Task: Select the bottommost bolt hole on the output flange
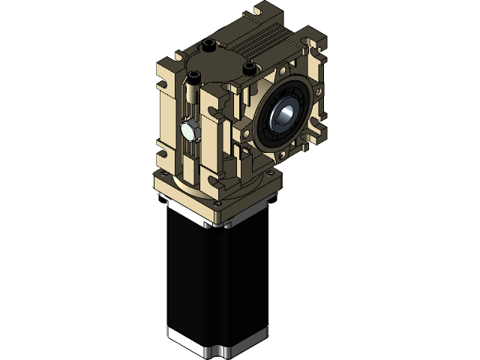tap(280, 156)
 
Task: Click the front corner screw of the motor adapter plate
tap(217, 202)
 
